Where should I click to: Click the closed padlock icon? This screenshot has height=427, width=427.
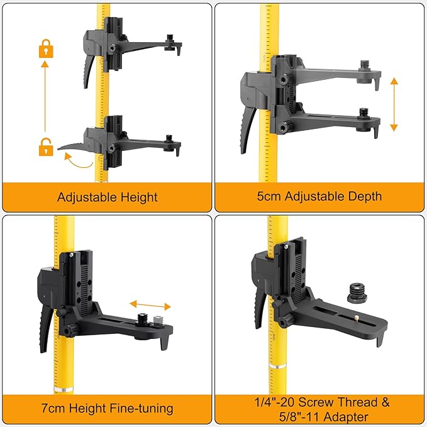[x=45, y=48]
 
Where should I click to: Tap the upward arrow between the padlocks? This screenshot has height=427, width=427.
[x=45, y=94]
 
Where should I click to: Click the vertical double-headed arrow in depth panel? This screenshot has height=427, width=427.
[x=394, y=104]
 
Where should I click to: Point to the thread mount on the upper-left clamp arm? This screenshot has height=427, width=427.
[x=169, y=41]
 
